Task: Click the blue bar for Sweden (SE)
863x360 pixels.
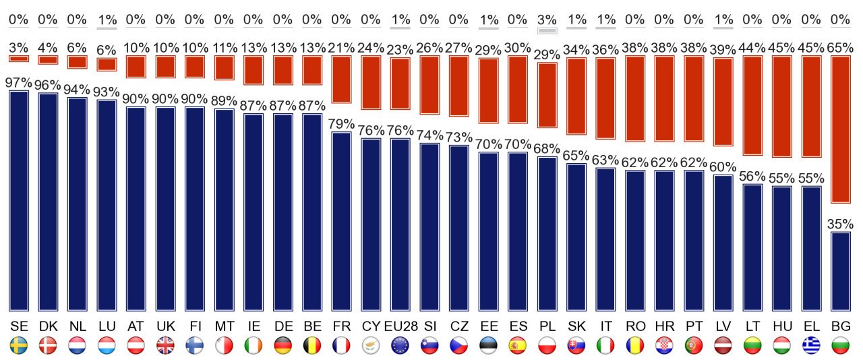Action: pyautogui.click(x=19, y=200)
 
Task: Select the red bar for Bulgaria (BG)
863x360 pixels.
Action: pyautogui.click(x=841, y=129)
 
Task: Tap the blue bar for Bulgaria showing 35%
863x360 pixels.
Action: pyautogui.click(x=841, y=270)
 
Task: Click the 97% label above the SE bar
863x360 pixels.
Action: pyautogui.click(x=19, y=83)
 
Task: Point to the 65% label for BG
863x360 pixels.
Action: pyautogui.click(x=841, y=48)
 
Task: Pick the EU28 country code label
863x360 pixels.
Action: pyautogui.click(x=400, y=326)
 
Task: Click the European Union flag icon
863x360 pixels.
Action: pyautogui.click(x=400, y=346)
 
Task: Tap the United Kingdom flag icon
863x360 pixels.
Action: pyautogui.click(x=165, y=346)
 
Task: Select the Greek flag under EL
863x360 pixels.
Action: pyautogui.click(x=811, y=346)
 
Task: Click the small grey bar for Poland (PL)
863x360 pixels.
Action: pyautogui.click(x=547, y=30)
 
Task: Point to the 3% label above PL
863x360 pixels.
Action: pyautogui.click(x=547, y=20)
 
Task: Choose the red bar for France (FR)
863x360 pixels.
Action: pyautogui.click(x=342, y=79)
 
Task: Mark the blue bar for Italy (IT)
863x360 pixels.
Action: pyautogui.click(x=606, y=239)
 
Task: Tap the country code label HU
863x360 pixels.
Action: pyautogui.click(x=782, y=326)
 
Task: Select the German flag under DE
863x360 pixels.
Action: pyautogui.click(x=283, y=346)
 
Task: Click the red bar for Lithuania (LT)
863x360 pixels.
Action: pyautogui.click(x=752, y=105)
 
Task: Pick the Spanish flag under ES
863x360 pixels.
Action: pyautogui.click(x=518, y=346)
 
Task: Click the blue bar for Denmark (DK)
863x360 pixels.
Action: pyautogui.click(x=48, y=201)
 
